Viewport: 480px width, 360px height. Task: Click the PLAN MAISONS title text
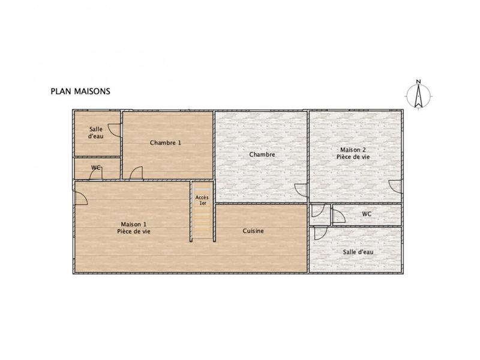[79, 92]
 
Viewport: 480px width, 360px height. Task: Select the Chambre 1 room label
[165, 143]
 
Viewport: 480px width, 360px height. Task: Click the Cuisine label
[253, 231]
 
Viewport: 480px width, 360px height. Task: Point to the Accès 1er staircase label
[202, 200]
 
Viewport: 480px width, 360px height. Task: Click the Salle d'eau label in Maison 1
[96, 133]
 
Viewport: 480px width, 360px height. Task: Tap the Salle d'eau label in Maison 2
[358, 252]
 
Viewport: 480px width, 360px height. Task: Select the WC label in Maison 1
[95, 168]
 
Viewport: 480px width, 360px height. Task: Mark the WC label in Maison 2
[367, 214]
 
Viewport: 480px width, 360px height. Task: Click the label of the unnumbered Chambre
[262, 155]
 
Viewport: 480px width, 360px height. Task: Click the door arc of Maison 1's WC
[95, 173]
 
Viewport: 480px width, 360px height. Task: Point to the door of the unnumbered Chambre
[301, 190]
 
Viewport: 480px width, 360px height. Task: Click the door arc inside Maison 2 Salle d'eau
[319, 233]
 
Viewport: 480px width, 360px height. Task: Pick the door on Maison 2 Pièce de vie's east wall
[395, 187]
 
